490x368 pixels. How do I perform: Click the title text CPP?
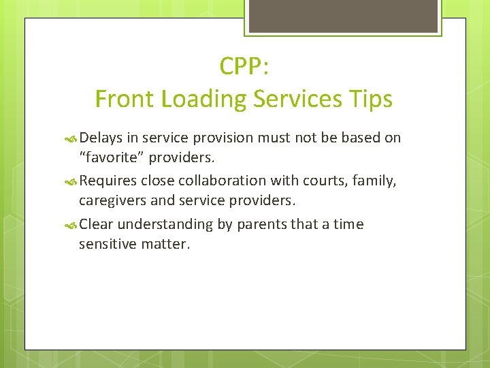click(244, 66)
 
